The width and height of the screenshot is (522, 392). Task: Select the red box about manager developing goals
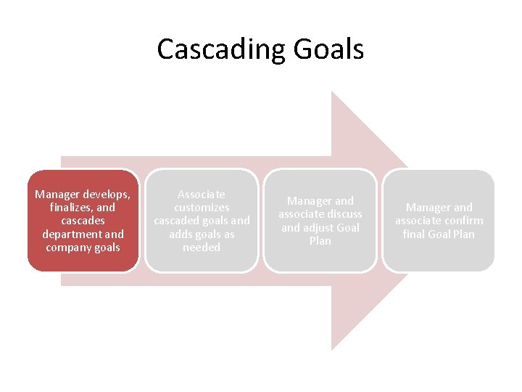coord(83,221)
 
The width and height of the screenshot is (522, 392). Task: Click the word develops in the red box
coord(106,195)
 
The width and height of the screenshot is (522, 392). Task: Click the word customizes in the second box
coord(202,208)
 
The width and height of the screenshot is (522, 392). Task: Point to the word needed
coord(202,247)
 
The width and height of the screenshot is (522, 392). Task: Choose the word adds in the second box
coord(181,234)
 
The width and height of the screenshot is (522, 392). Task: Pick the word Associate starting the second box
coord(202,195)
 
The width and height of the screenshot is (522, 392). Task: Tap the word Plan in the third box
coord(320,240)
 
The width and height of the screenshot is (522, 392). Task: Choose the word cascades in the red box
coord(83,221)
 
